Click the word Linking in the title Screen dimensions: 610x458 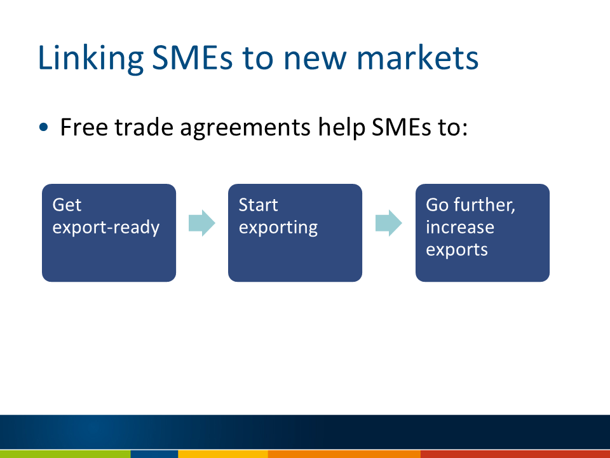coord(91,59)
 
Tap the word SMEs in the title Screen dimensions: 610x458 coord(192,58)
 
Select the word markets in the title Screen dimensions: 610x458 coord(417,58)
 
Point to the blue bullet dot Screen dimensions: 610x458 coord(44,127)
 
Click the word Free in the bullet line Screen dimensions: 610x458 coord(84,127)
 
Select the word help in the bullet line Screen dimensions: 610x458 coord(342,128)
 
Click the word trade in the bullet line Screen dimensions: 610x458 coord(144,127)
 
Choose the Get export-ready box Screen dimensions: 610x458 coord(109,233)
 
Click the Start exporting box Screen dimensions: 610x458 coord(295,233)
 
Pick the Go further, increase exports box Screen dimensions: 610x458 coord(482,233)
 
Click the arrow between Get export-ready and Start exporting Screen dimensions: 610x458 coord(202,223)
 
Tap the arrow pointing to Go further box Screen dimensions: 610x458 coord(389,223)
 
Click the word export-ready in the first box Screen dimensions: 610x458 coord(106,228)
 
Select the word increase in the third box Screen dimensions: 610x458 coord(460,226)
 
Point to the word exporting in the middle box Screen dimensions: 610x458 coord(278,228)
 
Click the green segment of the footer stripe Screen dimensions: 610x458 coord(65,454)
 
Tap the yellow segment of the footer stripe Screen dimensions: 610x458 coord(223,454)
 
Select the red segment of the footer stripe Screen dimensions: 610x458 coord(515,454)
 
